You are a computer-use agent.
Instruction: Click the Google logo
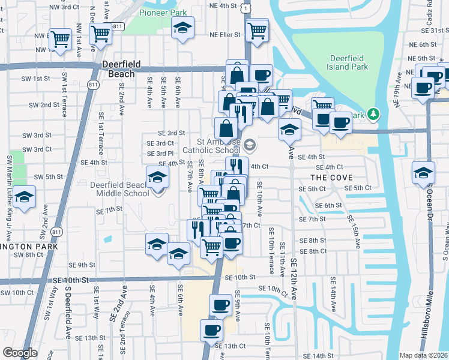pyautogui.click(x=20, y=353)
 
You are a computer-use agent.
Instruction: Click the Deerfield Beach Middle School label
pyautogui.click(x=120, y=189)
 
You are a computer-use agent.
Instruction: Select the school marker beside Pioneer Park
pyautogui.click(x=182, y=28)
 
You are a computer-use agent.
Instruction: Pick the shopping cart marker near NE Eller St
pyautogui.click(x=257, y=29)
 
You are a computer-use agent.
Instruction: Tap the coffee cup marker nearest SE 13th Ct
pyautogui.click(x=211, y=329)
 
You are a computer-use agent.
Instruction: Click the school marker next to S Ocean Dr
pyautogui.click(x=423, y=172)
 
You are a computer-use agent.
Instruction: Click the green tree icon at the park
pyautogui.click(x=373, y=113)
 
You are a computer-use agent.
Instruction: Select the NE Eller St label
pyautogui.click(x=224, y=35)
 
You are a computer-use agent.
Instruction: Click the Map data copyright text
pyautogui.click(x=423, y=355)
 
